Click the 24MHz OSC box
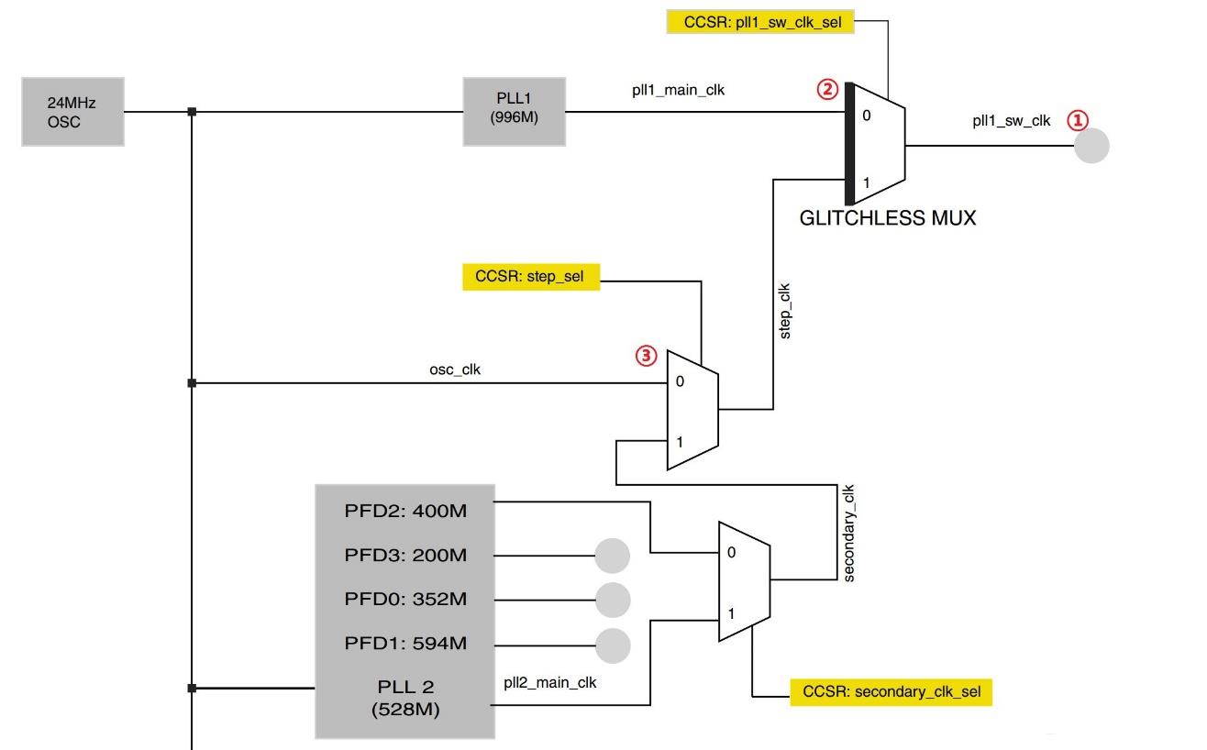click(x=72, y=112)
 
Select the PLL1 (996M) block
click(x=515, y=112)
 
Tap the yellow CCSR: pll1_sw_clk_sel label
click(x=760, y=22)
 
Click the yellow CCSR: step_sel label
click(x=531, y=276)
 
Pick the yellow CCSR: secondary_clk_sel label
click(x=891, y=692)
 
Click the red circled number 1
click(x=1078, y=120)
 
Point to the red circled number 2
click(x=827, y=90)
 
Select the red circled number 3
click(x=647, y=355)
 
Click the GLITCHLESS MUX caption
click(x=887, y=218)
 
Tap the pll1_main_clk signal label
click(x=678, y=90)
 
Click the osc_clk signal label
click(x=455, y=369)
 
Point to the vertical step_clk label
click(x=785, y=312)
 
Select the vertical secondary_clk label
click(x=848, y=533)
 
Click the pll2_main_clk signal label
click(x=550, y=682)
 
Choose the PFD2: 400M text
click(x=405, y=511)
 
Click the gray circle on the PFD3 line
click(x=613, y=556)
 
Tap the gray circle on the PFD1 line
click(x=613, y=645)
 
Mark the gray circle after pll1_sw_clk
click(x=1091, y=146)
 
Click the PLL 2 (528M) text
click(x=405, y=698)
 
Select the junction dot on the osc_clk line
click(x=192, y=383)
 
